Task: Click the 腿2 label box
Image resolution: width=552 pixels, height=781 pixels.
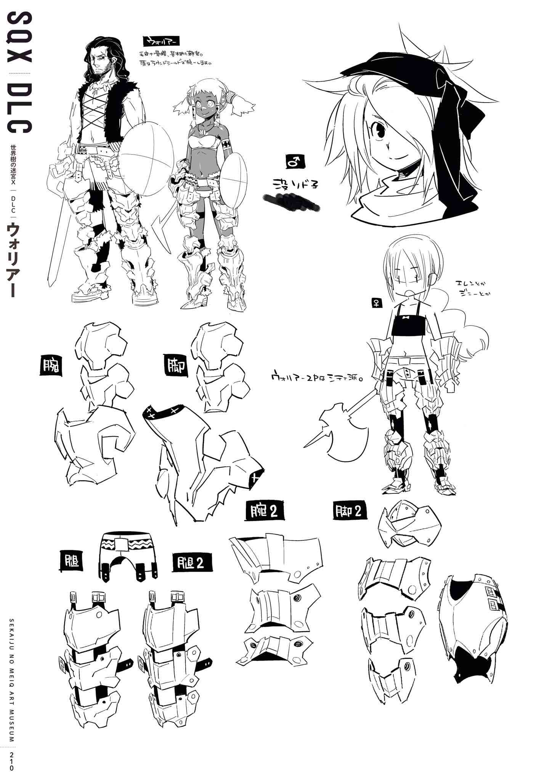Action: [193, 563]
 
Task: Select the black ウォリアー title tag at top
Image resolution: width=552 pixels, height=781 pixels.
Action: [160, 41]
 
